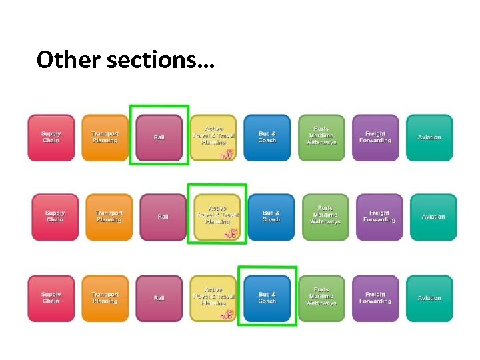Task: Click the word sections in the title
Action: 153,60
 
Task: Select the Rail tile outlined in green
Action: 159,137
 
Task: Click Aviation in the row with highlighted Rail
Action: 429,137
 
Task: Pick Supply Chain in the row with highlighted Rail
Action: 51,137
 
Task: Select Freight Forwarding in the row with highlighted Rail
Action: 375,137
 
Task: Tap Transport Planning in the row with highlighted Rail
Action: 105,137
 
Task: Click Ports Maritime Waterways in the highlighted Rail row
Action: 321,137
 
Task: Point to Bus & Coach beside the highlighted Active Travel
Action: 271,217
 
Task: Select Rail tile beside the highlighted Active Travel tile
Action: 163,217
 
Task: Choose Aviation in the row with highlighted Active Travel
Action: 433,217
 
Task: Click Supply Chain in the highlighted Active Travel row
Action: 55,217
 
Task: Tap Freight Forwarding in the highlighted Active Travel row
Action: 379,217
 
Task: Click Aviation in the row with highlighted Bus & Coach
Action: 429,297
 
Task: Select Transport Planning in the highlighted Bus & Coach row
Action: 105,297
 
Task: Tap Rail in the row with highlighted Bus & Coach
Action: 159,297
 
